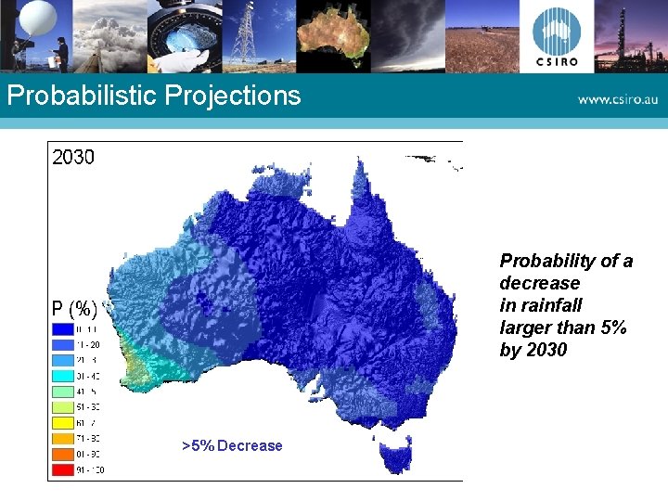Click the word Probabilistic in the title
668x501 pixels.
[80, 96]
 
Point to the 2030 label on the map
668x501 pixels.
[73, 157]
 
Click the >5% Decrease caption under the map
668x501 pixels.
[233, 446]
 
